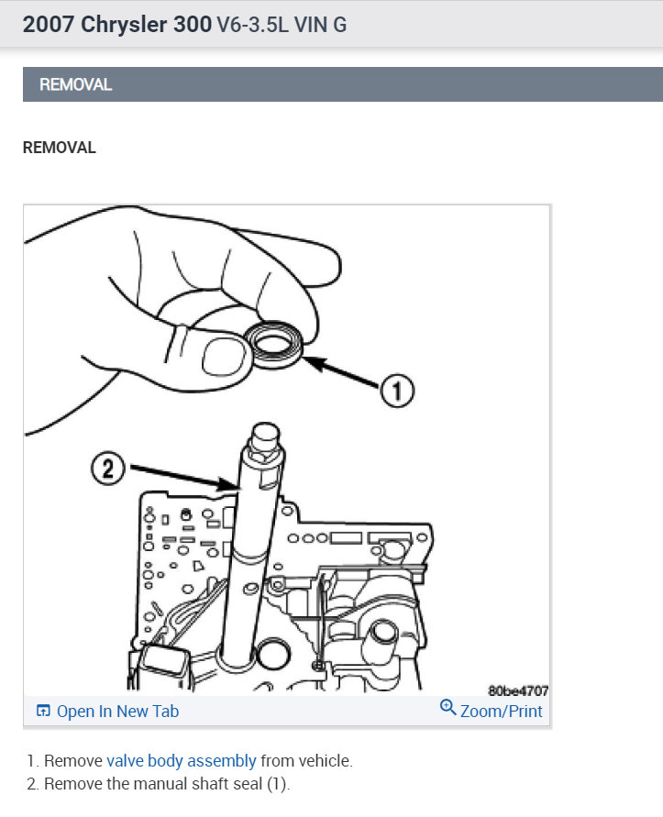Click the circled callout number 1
tap(396, 392)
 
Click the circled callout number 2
tap(107, 469)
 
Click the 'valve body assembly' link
tap(182, 761)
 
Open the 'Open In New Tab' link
tap(117, 711)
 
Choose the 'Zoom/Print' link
tap(501, 711)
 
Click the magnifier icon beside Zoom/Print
tap(448, 708)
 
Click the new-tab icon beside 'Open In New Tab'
tap(43, 711)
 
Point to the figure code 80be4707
tap(518, 690)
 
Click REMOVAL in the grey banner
tap(75, 84)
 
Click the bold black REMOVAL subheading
tap(59, 147)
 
